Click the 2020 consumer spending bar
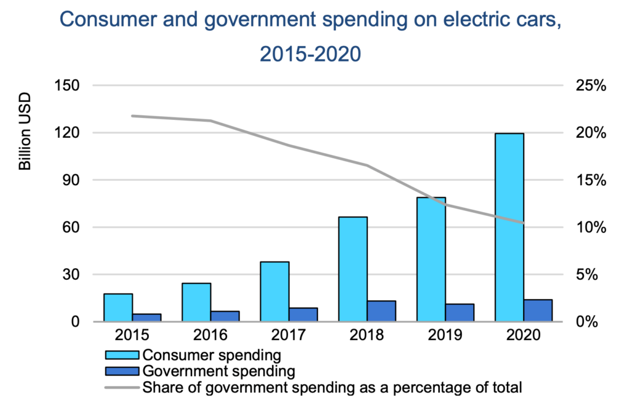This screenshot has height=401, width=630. [509, 227]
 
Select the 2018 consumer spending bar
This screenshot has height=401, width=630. [353, 269]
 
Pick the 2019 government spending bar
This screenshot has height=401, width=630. [460, 312]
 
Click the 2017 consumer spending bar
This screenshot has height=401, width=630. [274, 292]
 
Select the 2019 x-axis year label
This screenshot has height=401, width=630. [445, 335]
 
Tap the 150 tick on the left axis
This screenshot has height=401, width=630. [67, 85]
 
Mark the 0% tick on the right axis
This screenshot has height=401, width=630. [588, 322]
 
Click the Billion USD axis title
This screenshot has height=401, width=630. [25, 133]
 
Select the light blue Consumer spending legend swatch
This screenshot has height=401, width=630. [122, 355]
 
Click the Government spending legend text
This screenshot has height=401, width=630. [219, 371]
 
